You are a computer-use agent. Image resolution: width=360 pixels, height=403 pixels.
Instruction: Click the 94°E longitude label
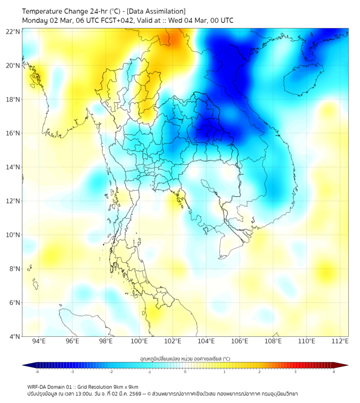coord(39,342)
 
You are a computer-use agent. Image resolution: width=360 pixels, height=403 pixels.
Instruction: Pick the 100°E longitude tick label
coord(139,342)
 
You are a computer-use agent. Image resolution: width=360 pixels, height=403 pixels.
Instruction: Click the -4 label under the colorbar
coord(37,372)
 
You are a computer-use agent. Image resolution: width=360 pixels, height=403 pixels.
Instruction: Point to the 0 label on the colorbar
coord(185,372)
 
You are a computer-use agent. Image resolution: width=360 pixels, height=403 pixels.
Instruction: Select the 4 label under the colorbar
coord(334,372)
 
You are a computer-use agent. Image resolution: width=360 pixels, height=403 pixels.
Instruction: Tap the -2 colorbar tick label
coord(111,372)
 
